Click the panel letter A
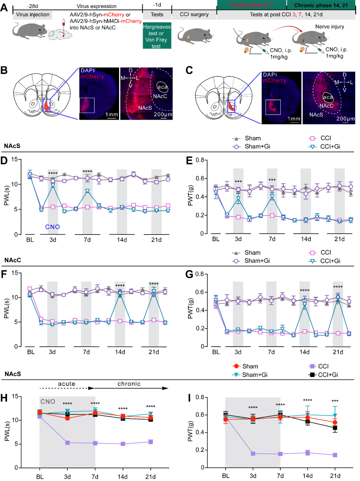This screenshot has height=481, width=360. coord(4,7)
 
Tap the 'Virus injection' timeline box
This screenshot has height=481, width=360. coord(33,15)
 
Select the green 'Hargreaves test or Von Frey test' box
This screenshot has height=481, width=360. coord(157,36)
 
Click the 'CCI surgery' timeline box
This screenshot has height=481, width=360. coord(194,15)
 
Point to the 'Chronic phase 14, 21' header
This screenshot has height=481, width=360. coord(321,5)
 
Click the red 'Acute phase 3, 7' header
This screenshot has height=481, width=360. coord(252,5)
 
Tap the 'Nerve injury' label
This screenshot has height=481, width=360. coord(329,27)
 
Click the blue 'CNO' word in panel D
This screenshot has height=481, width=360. coord(52,227)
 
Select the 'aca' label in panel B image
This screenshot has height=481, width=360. coord(162,87)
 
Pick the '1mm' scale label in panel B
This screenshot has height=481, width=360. coord(112,114)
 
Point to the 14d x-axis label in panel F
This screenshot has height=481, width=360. coord(120,352)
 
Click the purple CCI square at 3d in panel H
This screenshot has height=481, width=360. coord(67,443)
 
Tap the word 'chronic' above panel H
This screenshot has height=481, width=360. coord(129,384)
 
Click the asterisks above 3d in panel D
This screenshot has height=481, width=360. coord(53,173)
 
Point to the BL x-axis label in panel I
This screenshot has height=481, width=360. coord(226,476)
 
